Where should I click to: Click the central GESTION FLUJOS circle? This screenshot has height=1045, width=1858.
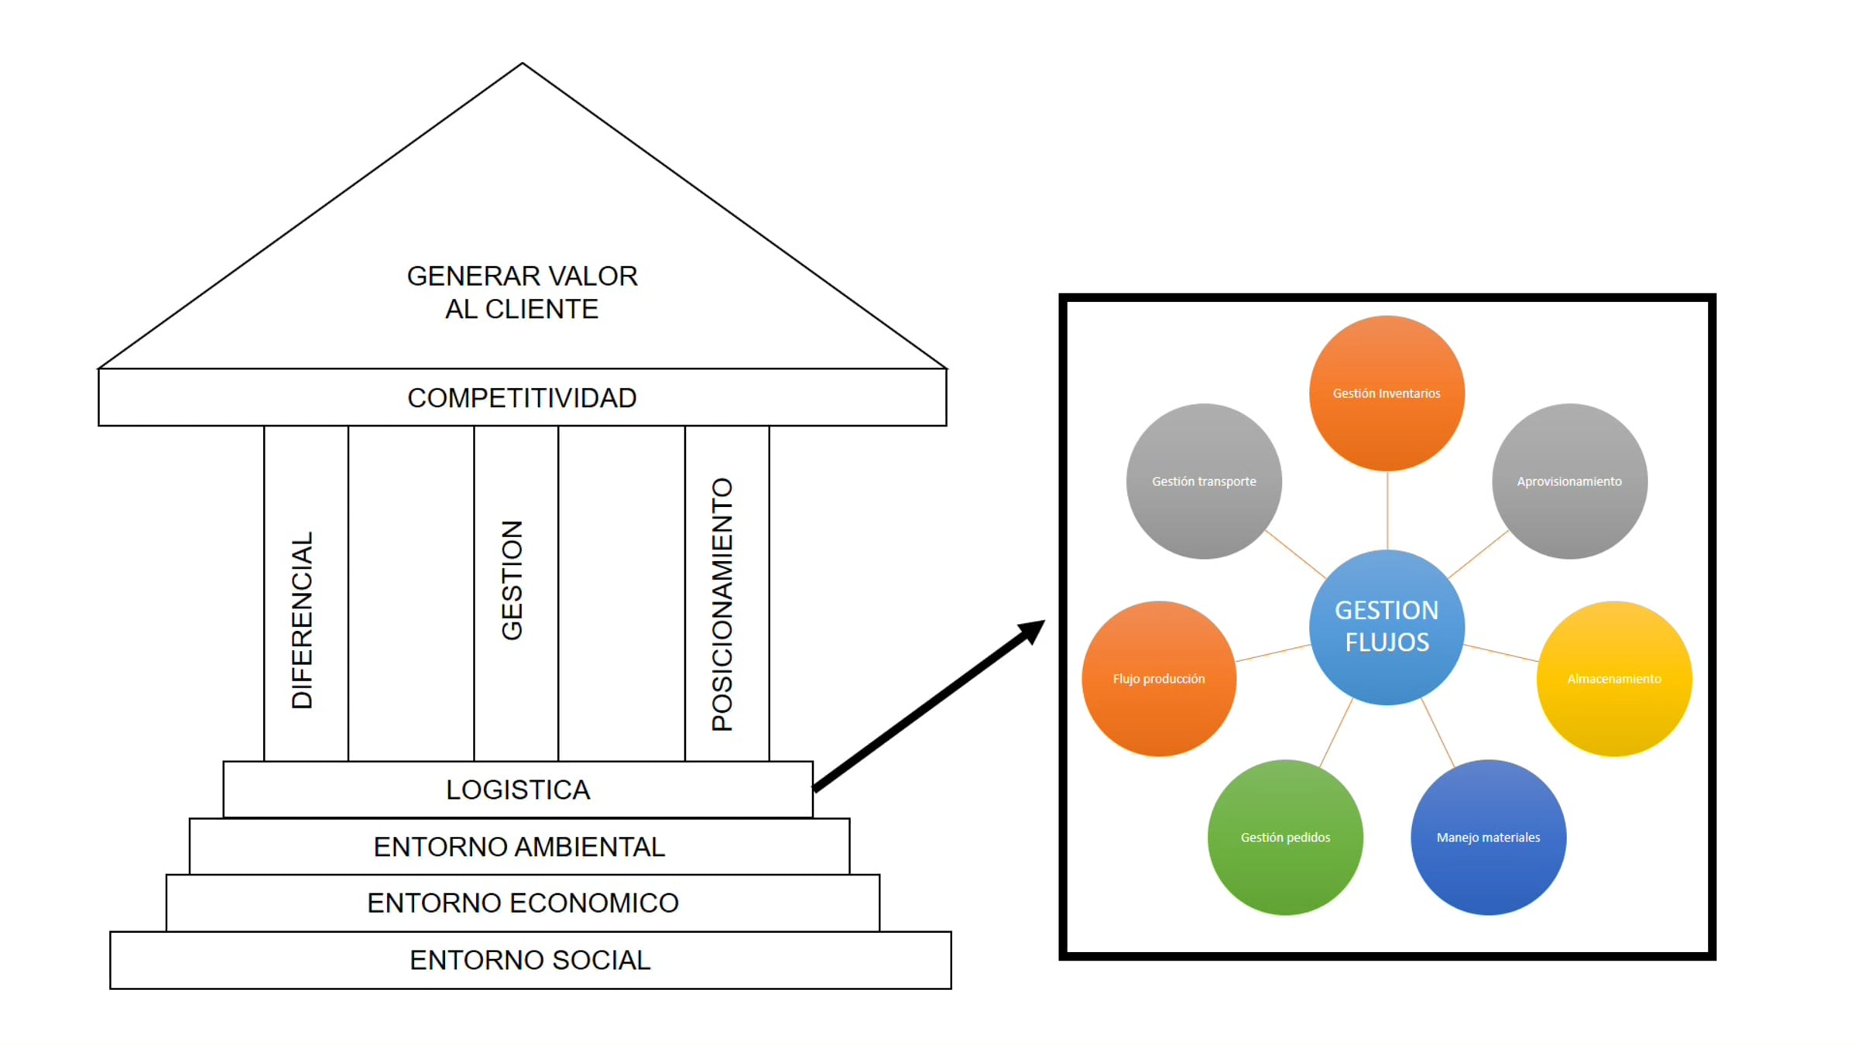click(x=1387, y=626)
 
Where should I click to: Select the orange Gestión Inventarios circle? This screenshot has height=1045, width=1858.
click(x=1387, y=393)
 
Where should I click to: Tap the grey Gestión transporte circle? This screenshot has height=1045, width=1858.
click(x=1204, y=481)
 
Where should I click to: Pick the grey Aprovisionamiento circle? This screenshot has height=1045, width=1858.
click(x=1569, y=481)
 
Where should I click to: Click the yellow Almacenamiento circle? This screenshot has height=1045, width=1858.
click(x=1614, y=679)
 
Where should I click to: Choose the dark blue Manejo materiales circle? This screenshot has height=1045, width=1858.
click(x=1488, y=837)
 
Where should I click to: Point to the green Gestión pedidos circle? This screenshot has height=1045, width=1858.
click(x=1285, y=837)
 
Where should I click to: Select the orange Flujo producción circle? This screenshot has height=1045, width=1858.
click(x=1159, y=679)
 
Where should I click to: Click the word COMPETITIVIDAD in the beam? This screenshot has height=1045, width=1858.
click(x=522, y=398)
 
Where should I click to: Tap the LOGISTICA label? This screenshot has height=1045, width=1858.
click(x=518, y=790)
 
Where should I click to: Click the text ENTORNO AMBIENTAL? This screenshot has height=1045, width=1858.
click(x=519, y=847)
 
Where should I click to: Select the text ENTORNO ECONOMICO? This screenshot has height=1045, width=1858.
click(x=523, y=903)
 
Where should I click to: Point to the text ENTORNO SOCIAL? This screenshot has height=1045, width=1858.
click(x=530, y=960)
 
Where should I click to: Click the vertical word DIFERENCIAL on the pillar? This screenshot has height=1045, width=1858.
click(x=302, y=619)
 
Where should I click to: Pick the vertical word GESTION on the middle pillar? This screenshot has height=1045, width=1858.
click(x=512, y=580)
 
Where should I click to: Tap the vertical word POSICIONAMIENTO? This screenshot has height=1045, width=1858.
click(x=722, y=604)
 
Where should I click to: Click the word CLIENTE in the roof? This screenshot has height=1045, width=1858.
click(x=542, y=309)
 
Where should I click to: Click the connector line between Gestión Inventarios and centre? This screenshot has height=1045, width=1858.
click(x=1387, y=510)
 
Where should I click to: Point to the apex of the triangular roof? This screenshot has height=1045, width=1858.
click(x=523, y=64)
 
